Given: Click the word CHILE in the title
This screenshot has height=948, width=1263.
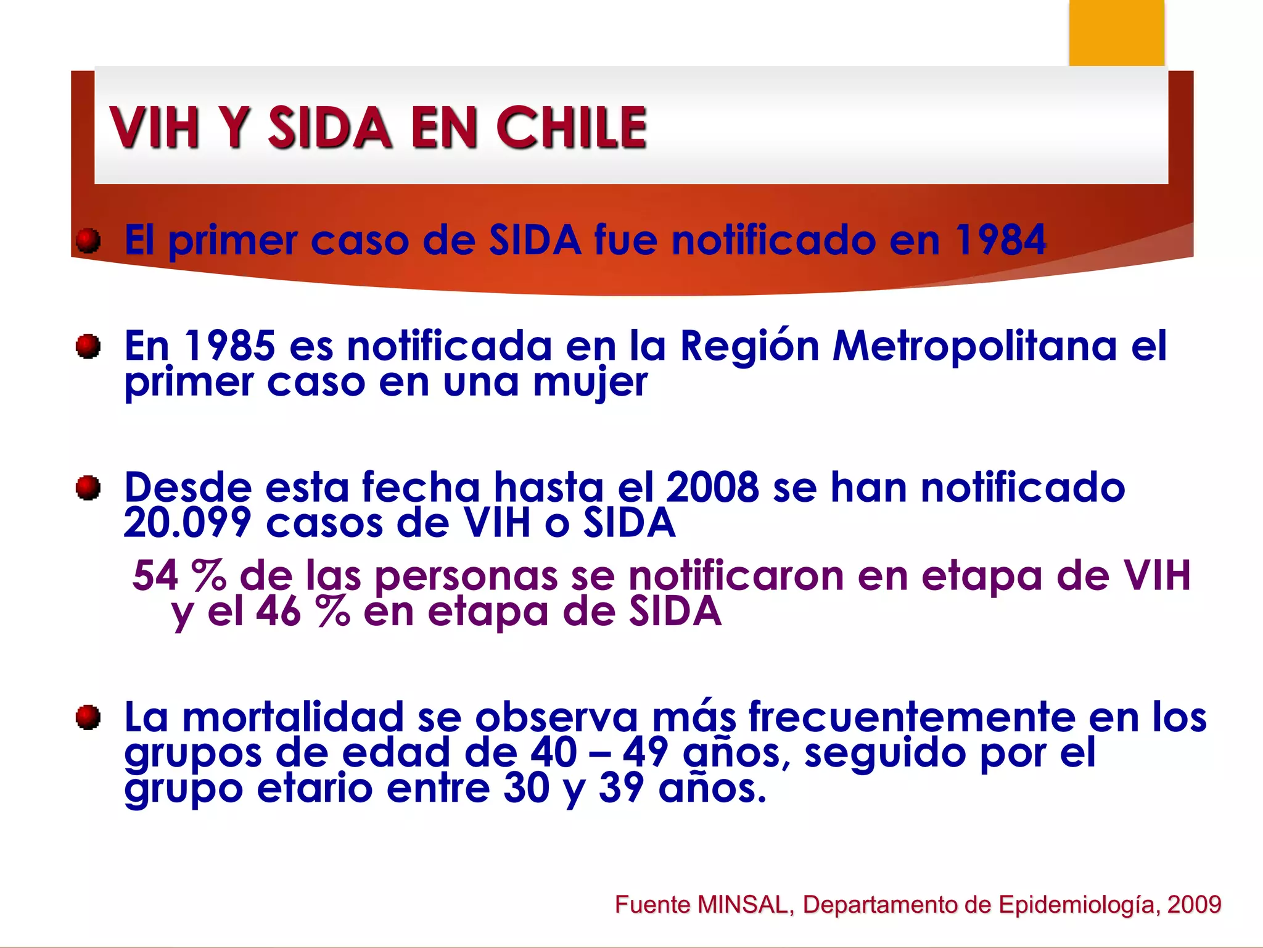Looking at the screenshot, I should pyautogui.click(x=571, y=128).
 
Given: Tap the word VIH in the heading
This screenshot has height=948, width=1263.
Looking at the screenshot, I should pyautogui.click(x=155, y=128).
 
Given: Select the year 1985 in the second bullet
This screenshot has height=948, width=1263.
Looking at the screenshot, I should pyautogui.click(x=229, y=346).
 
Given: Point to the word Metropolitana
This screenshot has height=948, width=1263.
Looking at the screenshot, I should pyautogui.click(x=974, y=346).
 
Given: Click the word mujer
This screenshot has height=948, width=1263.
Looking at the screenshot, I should pyautogui.click(x=590, y=383).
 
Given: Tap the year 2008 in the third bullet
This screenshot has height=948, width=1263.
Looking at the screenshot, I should pyautogui.click(x=712, y=488).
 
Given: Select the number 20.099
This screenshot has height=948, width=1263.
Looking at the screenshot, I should pyautogui.click(x=187, y=523).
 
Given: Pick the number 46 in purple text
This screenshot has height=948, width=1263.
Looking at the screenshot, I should pyautogui.click(x=278, y=612).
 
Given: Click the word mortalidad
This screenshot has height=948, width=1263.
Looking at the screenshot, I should pyautogui.click(x=293, y=717).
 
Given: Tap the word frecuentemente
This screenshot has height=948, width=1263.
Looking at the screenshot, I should pyautogui.click(x=913, y=717).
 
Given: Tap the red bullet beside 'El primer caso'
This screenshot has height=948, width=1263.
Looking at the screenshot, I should pyautogui.click(x=88, y=240).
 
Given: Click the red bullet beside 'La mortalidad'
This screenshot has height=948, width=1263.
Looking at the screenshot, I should pyautogui.click(x=88, y=717).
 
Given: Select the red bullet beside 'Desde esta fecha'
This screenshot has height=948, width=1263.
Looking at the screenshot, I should pyautogui.click(x=88, y=488).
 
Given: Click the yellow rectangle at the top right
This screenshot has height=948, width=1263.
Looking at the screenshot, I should pyautogui.click(x=1116, y=32).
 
